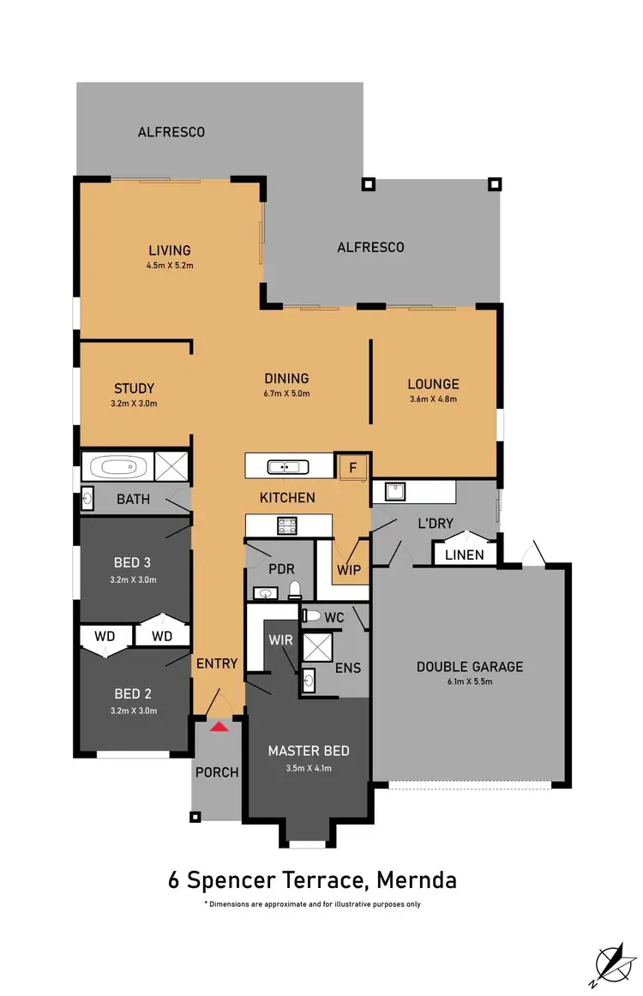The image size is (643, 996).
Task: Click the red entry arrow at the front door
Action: pos(220,726)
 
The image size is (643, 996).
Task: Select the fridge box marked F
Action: pos(351,468)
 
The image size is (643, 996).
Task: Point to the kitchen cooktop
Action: pos(285,525)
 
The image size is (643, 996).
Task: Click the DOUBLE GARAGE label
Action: pos(469,667)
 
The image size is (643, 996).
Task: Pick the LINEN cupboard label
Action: pos(464,555)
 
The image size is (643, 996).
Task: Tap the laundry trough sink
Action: pos(395,492)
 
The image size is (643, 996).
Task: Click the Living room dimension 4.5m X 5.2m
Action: pos(170,266)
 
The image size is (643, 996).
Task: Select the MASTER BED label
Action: pos(309,751)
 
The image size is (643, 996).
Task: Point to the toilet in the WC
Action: pos(311,615)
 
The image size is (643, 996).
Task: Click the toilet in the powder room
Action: pos(294,589)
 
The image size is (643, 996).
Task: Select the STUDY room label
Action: pos(135,387)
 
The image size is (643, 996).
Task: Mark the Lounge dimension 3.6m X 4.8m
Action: pos(433,399)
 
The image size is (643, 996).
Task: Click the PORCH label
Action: pos(217,772)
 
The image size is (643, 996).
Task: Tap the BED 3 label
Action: pos(132,563)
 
